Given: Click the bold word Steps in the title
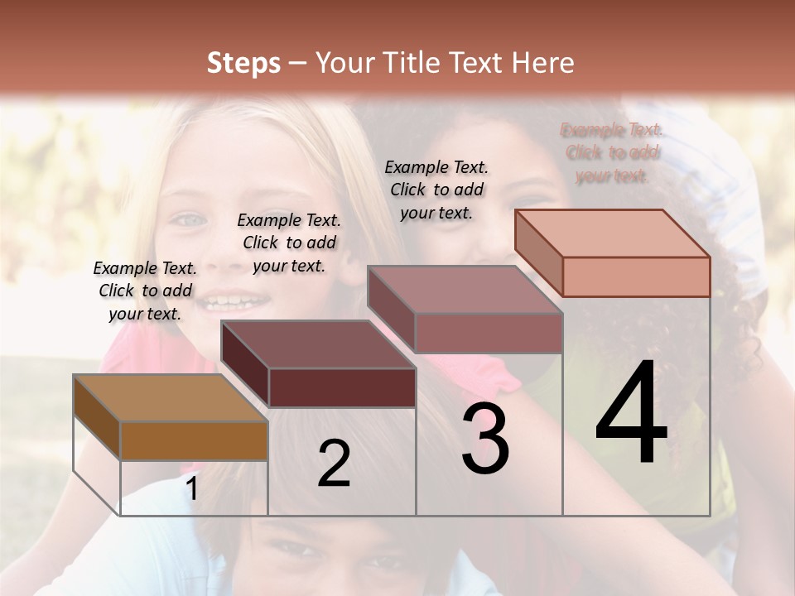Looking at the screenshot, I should (243, 63).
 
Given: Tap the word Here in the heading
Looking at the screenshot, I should (541, 63).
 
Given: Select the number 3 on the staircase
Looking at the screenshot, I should (485, 439).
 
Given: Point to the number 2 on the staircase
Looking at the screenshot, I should (334, 464).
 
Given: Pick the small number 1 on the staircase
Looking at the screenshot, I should (192, 489).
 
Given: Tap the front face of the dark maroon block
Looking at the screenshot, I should (342, 387).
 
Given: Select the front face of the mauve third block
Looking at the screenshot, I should (489, 333).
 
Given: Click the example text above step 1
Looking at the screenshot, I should (145, 291).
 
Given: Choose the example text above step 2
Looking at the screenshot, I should (289, 243).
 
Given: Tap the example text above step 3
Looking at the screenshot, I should (436, 190).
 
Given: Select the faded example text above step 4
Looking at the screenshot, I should (612, 152).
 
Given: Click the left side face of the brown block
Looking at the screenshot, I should (97, 417).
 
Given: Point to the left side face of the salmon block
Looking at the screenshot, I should (538, 253).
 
